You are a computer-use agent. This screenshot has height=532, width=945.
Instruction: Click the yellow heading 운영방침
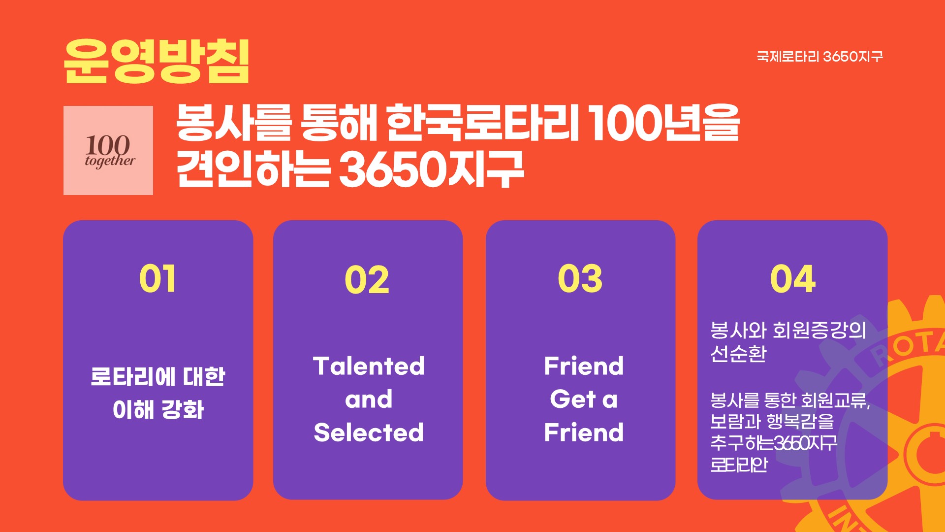point(157,61)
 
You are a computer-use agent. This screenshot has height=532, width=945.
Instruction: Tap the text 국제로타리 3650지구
point(819,57)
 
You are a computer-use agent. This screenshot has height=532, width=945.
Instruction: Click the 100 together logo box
point(108,150)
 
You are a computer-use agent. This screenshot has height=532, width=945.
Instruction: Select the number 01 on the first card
point(157,279)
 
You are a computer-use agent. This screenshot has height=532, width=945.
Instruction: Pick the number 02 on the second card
point(367,280)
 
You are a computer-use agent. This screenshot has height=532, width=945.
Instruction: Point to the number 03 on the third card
point(580,279)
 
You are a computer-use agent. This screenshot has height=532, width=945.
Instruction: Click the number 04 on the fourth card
point(793,279)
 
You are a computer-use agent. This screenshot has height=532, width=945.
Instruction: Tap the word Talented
point(369,366)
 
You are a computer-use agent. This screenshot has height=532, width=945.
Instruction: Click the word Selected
point(369,432)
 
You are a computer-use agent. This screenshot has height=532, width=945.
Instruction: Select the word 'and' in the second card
point(369,399)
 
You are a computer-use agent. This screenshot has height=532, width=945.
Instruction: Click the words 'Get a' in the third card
point(584,399)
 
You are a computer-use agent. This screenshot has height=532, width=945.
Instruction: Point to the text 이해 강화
point(158,410)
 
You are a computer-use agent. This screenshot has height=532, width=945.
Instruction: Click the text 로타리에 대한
point(158,377)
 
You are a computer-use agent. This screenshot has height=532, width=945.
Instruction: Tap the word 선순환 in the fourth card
point(738,353)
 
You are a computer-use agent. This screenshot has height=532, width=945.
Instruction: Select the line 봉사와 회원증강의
point(788,330)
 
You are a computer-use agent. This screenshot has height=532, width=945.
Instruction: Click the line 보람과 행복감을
point(772,421)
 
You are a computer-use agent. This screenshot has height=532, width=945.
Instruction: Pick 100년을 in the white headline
point(664,123)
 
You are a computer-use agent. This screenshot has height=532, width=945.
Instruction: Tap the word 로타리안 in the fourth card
point(739,465)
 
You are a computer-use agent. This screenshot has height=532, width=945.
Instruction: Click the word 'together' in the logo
point(110,161)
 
